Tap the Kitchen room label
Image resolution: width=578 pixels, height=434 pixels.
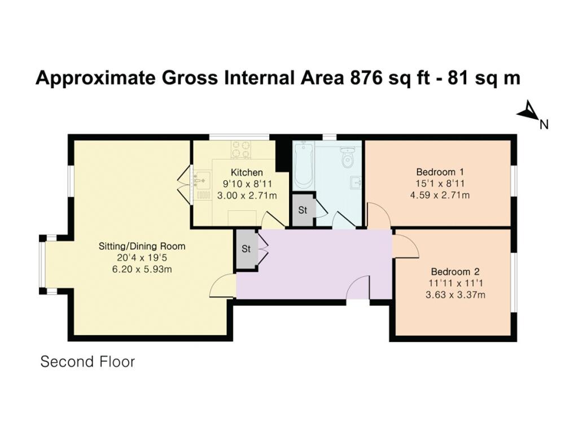[x=247, y=172]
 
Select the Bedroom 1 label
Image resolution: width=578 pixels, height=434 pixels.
[x=440, y=172]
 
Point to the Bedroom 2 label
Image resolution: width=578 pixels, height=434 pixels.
[x=456, y=272]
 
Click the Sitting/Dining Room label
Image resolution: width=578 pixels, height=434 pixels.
[x=142, y=246]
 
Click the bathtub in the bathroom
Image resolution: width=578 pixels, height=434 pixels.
[x=303, y=164]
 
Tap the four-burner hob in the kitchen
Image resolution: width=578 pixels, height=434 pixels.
[x=241, y=149]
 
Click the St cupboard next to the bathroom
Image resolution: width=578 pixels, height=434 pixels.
[x=303, y=210]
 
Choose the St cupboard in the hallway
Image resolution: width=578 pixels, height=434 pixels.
[x=246, y=249]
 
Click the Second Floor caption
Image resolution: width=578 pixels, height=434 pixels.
[x=87, y=362]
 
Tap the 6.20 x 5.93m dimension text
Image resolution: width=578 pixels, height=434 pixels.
[x=142, y=269]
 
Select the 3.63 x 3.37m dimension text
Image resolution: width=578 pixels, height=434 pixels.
[x=456, y=295]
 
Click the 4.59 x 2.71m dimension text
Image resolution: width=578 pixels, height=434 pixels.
[x=440, y=195]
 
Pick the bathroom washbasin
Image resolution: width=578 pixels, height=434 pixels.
[x=356, y=182]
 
